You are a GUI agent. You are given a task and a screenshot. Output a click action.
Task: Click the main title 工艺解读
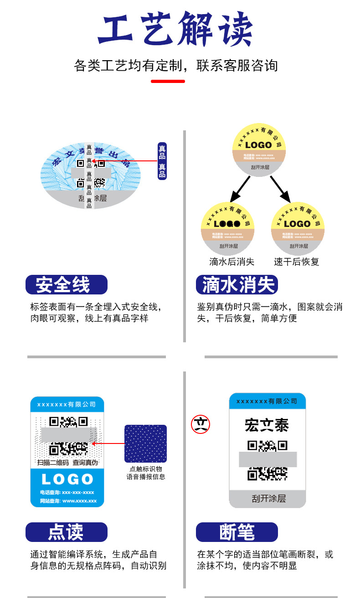click(175, 30)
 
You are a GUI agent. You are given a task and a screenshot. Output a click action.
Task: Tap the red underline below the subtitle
click(168, 81)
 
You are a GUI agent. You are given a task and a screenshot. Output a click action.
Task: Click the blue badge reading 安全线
click(67, 285)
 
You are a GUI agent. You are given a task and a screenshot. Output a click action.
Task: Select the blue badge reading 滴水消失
click(237, 285)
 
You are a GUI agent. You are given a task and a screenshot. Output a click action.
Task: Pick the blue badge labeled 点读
click(67, 532)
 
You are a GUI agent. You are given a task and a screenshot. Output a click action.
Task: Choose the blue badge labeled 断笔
click(237, 532)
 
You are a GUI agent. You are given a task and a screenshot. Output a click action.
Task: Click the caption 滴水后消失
click(231, 262)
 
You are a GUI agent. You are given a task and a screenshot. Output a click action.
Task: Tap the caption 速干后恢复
click(297, 262)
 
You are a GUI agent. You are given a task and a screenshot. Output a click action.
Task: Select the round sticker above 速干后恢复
click(298, 228)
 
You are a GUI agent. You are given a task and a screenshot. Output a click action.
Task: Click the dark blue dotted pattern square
click(145, 443)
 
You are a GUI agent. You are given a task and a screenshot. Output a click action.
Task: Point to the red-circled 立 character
click(201, 424)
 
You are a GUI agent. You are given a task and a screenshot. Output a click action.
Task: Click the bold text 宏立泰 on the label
click(267, 425)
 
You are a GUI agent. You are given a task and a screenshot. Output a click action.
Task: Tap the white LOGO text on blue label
click(67, 479)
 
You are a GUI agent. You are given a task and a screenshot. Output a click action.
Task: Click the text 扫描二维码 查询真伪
click(67, 462)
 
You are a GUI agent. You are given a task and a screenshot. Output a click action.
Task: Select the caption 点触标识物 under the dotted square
click(146, 469)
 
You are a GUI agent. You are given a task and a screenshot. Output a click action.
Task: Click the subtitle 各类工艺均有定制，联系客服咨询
click(175, 66)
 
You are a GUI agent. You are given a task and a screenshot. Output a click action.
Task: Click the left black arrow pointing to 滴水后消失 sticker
click(240, 189)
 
